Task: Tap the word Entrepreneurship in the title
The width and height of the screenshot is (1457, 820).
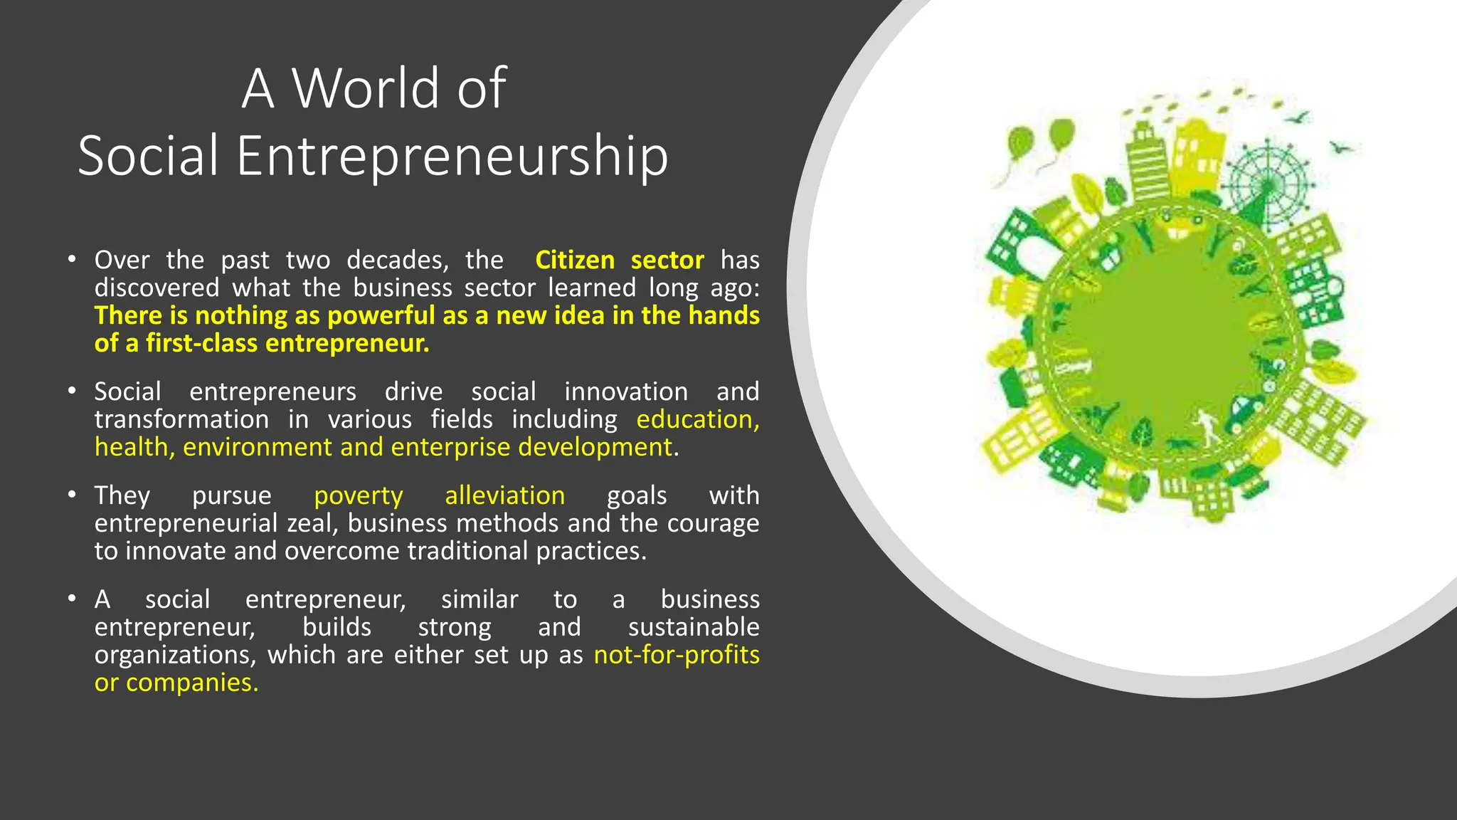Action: (452, 155)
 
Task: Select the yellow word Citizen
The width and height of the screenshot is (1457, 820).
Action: (575, 260)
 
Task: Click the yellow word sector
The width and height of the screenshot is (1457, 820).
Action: (667, 260)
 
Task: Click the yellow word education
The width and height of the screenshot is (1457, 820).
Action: (697, 419)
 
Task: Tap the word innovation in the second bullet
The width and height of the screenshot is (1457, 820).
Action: (626, 391)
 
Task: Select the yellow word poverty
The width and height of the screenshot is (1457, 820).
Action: (359, 495)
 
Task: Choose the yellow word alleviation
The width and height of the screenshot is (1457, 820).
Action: (505, 495)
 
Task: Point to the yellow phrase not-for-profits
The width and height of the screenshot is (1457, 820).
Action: (677, 655)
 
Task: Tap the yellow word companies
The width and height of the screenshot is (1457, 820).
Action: (191, 683)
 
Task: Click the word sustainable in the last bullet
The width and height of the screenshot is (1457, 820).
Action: (694, 627)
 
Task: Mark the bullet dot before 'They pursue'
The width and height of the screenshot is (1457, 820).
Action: (72, 494)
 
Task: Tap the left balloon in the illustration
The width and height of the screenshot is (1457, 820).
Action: (1020, 144)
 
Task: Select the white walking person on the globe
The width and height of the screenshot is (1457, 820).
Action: (1204, 425)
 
